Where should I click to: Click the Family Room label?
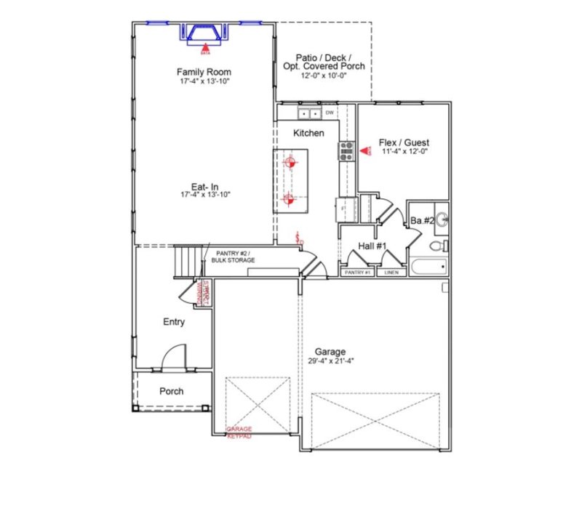[x=204, y=72]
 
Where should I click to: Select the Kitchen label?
[x=308, y=134]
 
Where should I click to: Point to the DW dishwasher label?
[x=329, y=113]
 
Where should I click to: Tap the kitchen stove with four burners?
[x=346, y=150]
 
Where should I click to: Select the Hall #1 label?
[x=372, y=247]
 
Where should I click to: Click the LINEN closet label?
[x=391, y=273]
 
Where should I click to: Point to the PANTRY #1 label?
[x=357, y=273]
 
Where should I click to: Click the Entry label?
[x=174, y=322]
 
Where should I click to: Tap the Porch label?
[x=172, y=391]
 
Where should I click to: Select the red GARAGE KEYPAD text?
[x=239, y=432]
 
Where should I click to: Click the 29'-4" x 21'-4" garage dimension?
[x=330, y=361]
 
